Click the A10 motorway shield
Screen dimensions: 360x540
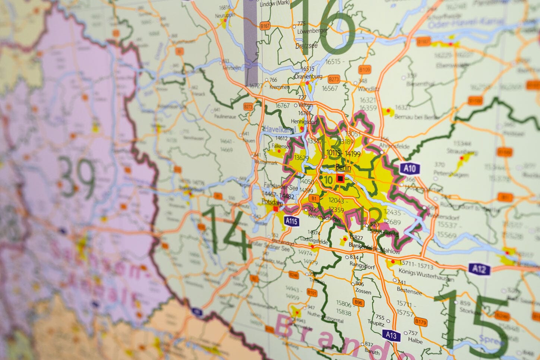[x=410, y=168]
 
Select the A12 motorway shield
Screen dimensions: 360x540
[x=479, y=269]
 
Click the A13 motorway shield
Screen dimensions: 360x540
[x=391, y=335]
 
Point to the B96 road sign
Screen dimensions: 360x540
[x=358, y=303]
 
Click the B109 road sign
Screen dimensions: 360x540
[x=365, y=70]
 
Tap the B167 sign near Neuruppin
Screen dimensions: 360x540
[x=265, y=26]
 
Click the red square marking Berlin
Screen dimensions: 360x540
[x=340, y=179]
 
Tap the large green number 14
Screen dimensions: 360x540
[x=225, y=234]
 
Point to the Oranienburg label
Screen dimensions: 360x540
[x=308, y=76]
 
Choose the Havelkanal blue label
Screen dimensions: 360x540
[x=280, y=129]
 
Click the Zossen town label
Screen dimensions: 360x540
[x=363, y=291]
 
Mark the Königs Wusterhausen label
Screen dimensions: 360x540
[x=426, y=273]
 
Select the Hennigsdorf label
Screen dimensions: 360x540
[x=303, y=121]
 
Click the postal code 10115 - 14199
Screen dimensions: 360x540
[x=343, y=153]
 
